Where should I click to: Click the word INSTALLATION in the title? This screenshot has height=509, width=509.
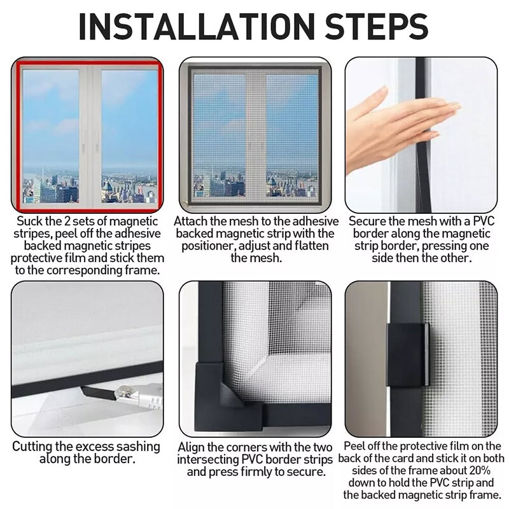click(197, 26)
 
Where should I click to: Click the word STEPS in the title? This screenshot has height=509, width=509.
click(376, 26)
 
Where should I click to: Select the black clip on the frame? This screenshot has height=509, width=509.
click(408, 354)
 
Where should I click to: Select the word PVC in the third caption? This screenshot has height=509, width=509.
click(484, 221)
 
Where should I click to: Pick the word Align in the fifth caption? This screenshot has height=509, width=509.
click(191, 448)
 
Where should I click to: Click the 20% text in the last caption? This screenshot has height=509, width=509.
click(480, 470)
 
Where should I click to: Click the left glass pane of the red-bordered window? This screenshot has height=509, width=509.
click(51, 136)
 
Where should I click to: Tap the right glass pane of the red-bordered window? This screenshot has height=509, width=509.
click(129, 136)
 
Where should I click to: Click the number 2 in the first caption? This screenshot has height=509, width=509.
click(67, 221)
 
